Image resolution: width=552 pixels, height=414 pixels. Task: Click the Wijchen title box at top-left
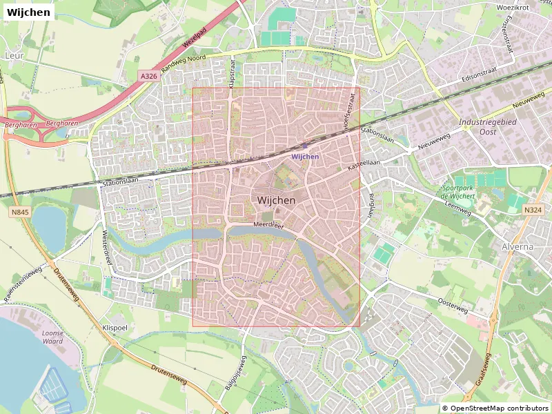tap(28, 12)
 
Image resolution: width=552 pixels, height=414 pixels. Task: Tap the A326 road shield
tap(148, 76)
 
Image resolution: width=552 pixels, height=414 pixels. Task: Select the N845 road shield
tap(20, 213)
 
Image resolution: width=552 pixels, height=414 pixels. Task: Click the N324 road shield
tap(532, 210)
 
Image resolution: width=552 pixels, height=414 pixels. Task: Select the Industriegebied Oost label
tap(487, 126)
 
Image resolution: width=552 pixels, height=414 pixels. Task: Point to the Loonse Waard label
tap(52, 337)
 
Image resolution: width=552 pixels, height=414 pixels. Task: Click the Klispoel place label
tap(115, 328)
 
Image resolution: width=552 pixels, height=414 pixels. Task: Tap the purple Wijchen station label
tap(305, 157)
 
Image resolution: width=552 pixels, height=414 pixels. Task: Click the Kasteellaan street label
tap(364, 163)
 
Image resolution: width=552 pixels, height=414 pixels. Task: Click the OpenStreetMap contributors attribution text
tap(495, 408)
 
